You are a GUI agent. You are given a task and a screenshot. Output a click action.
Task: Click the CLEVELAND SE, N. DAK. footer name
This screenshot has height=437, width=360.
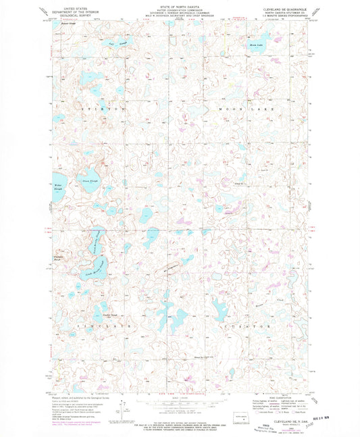(278, 417)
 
